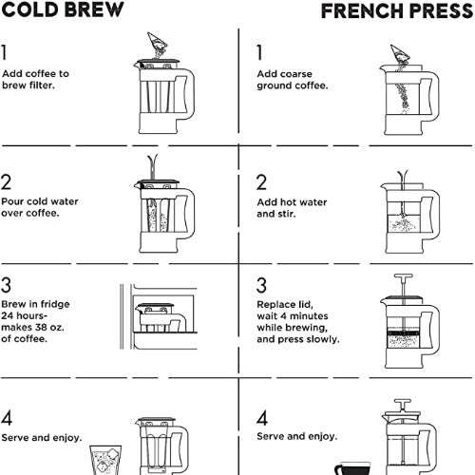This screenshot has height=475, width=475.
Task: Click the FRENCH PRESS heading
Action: (397, 11)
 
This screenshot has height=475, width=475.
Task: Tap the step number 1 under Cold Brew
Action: (6, 52)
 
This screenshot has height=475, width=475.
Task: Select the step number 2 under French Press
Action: (262, 182)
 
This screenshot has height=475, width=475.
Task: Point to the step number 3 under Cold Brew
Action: (7, 285)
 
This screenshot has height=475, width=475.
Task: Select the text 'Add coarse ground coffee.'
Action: (293, 79)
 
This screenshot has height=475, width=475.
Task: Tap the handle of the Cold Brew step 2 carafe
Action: (189, 214)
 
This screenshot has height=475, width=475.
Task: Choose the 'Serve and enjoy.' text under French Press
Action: (297, 436)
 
